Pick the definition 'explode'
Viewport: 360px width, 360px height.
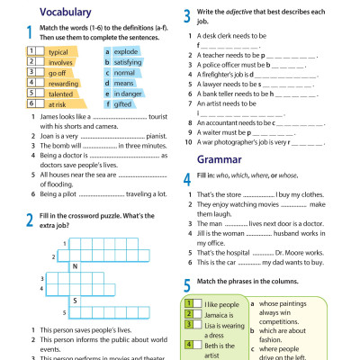pos(127,52)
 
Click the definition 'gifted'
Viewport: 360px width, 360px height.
pos(122,104)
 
